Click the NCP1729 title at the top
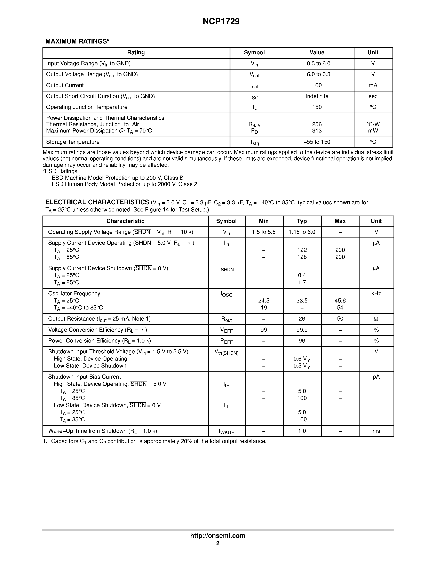pos(221,22)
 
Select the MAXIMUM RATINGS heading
pos(77,41)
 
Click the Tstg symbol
pos(254,142)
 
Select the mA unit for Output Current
pos(373,86)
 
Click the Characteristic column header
pos(125,221)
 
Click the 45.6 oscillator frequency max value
pos(340,301)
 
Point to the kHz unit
pos(376,294)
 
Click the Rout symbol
pos(226,319)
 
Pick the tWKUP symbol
pos(226,431)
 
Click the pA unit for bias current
pos(376,377)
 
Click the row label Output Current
pos(65,86)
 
